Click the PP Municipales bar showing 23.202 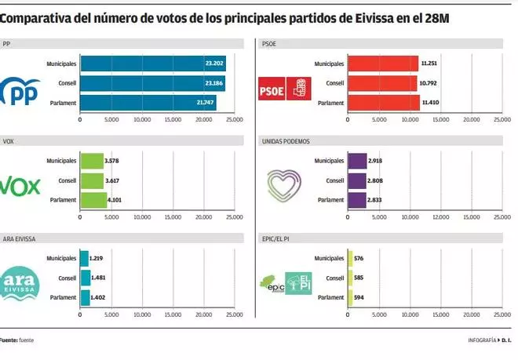[x=152, y=64]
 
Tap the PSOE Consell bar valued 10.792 [x=381, y=82]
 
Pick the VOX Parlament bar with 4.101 [x=93, y=199]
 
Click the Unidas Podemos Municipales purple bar [x=356, y=161]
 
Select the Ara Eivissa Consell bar [x=84, y=278]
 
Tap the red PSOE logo [x=286, y=90]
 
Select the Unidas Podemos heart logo [x=284, y=184]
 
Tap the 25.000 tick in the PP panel [x=234, y=120]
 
